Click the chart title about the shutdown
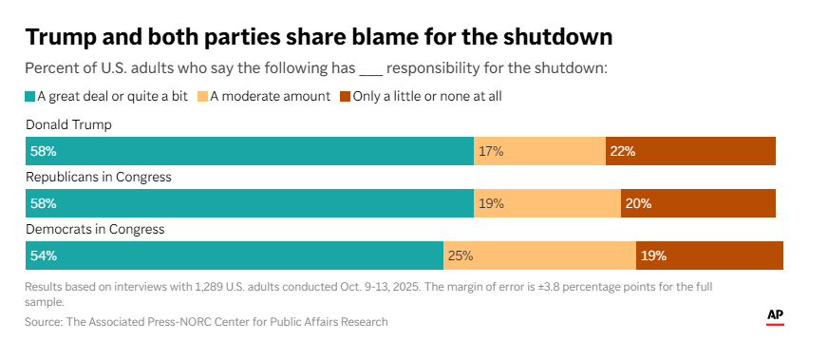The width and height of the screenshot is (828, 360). click(319, 37)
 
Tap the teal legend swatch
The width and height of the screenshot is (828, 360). click(30, 97)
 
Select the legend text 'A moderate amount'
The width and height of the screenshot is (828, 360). click(271, 97)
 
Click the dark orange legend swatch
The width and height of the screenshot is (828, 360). click(346, 97)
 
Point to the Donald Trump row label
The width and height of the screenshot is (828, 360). click(68, 125)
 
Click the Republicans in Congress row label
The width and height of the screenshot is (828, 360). click(99, 178)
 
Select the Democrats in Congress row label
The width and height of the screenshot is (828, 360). click(95, 230)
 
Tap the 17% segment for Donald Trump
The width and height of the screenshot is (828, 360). click(539, 151)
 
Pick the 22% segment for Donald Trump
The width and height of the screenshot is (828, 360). click(690, 151)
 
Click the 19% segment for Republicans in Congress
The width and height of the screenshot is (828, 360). click(547, 203)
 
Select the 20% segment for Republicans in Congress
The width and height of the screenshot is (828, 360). click(698, 203)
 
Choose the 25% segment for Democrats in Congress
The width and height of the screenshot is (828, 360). click(539, 256)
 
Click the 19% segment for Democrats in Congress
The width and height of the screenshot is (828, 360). click(709, 256)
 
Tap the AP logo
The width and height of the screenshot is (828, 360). click(775, 316)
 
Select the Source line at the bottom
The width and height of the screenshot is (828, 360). click(206, 321)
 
